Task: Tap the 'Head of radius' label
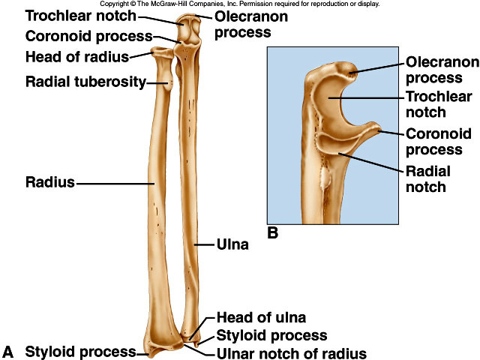coord(76,57)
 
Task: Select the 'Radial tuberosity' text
coord(85,82)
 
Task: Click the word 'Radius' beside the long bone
coord(49,182)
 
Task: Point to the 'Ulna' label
coord(232,244)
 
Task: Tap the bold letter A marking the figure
coord(8,351)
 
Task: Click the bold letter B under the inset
coord(273,233)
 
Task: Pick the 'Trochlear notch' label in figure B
coord(438,104)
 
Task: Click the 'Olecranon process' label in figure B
coord(438,69)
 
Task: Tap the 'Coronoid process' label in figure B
coord(438,141)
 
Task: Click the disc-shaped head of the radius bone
coord(162,52)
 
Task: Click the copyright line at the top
coord(239,4)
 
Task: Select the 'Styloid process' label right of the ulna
coord(271,335)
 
